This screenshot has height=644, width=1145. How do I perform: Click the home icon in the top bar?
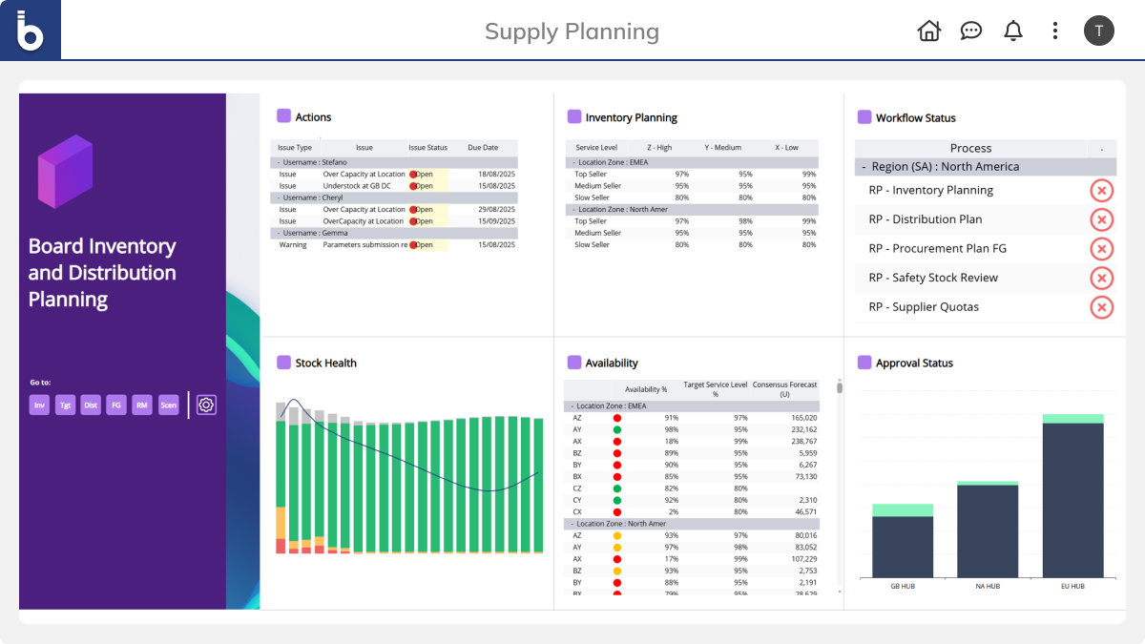click(928, 31)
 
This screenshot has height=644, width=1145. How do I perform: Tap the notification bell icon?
click(1013, 31)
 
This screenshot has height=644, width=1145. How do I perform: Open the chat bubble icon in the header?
click(971, 31)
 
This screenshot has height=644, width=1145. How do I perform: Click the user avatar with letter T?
click(1098, 31)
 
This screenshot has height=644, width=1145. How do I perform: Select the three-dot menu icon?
click(1054, 31)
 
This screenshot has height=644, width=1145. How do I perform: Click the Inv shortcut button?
click(39, 405)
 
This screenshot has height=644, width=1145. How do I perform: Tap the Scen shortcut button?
click(168, 405)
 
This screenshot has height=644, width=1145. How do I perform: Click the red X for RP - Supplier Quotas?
click(1101, 307)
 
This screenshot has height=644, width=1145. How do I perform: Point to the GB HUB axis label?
click(902, 586)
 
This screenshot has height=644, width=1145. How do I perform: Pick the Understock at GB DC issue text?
click(364, 186)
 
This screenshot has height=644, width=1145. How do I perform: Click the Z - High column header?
click(659, 148)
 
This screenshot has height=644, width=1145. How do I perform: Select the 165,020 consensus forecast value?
click(798, 418)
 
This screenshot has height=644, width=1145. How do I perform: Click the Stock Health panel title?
click(325, 363)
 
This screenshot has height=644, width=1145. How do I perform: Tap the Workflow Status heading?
click(915, 118)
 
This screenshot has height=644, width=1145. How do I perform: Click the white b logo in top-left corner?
click(31, 31)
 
